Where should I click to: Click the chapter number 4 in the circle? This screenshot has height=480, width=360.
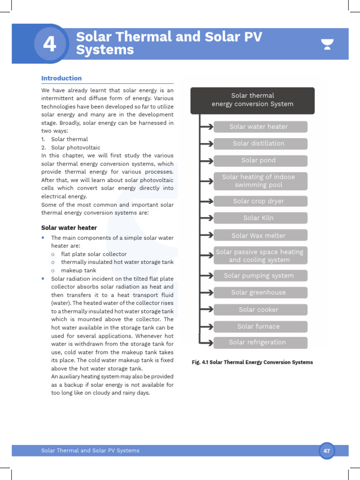(49, 45)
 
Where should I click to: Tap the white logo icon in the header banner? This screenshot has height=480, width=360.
(327, 45)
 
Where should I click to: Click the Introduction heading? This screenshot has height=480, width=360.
(61, 78)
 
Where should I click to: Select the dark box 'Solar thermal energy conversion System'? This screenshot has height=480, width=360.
(252, 100)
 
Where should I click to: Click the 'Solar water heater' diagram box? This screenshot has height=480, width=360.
(260, 127)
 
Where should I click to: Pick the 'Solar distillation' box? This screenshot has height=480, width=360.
(260, 143)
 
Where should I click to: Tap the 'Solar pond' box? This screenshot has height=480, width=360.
(260, 160)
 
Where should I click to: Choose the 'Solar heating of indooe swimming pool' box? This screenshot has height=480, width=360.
(260, 181)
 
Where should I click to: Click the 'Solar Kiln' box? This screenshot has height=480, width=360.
(260, 218)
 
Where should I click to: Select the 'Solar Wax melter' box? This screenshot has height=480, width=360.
(260, 235)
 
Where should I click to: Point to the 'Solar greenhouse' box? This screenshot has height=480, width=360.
(260, 292)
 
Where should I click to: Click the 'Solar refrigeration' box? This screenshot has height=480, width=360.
(260, 343)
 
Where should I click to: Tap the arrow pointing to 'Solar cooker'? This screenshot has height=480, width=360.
(206, 310)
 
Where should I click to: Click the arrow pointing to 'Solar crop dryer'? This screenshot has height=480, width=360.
(206, 202)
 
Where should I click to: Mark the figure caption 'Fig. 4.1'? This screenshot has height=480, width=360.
(252, 362)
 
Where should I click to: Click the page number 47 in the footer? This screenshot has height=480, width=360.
(327, 451)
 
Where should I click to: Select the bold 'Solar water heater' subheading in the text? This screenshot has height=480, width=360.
(69, 228)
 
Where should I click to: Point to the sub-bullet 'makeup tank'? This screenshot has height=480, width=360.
(78, 270)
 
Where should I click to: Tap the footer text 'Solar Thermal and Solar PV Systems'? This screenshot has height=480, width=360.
(90, 450)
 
